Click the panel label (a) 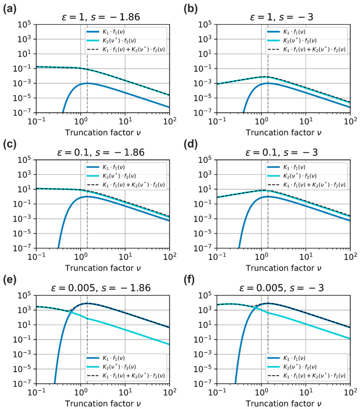(8, 7)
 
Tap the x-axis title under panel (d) (283, 266)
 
